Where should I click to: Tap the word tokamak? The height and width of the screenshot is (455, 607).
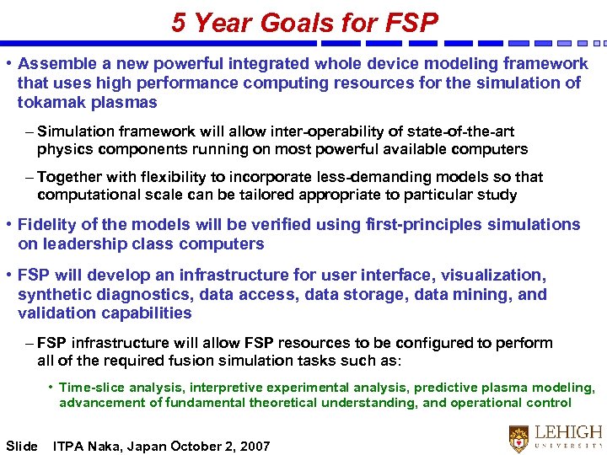click(x=51, y=103)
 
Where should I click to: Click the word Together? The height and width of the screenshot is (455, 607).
click(x=68, y=177)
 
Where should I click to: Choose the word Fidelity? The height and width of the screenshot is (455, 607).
click(x=49, y=224)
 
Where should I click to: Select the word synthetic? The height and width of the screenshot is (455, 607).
click(x=52, y=295)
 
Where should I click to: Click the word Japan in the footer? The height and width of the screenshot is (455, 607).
click(x=150, y=446)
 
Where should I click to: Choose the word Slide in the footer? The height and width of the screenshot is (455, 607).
click(x=22, y=446)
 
